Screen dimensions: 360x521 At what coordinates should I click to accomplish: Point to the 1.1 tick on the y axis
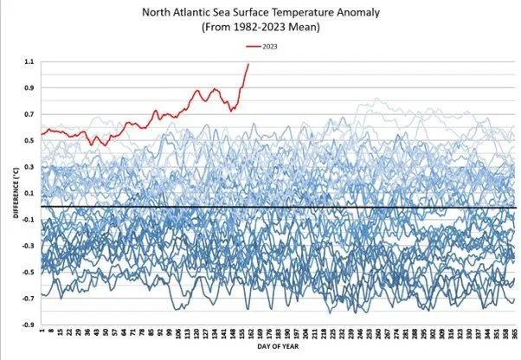(29, 62)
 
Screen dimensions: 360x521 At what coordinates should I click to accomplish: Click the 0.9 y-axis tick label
(29, 89)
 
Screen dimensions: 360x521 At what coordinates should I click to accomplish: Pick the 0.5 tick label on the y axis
(29, 141)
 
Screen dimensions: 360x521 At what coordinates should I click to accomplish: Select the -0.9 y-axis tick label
(27, 326)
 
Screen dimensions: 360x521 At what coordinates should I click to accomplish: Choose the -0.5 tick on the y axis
(27, 273)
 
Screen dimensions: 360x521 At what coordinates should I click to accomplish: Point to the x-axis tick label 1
(42, 332)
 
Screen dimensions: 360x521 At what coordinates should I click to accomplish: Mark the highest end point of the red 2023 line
(248, 63)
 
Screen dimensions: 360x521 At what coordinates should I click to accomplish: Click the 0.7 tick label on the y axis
(29, 115)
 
